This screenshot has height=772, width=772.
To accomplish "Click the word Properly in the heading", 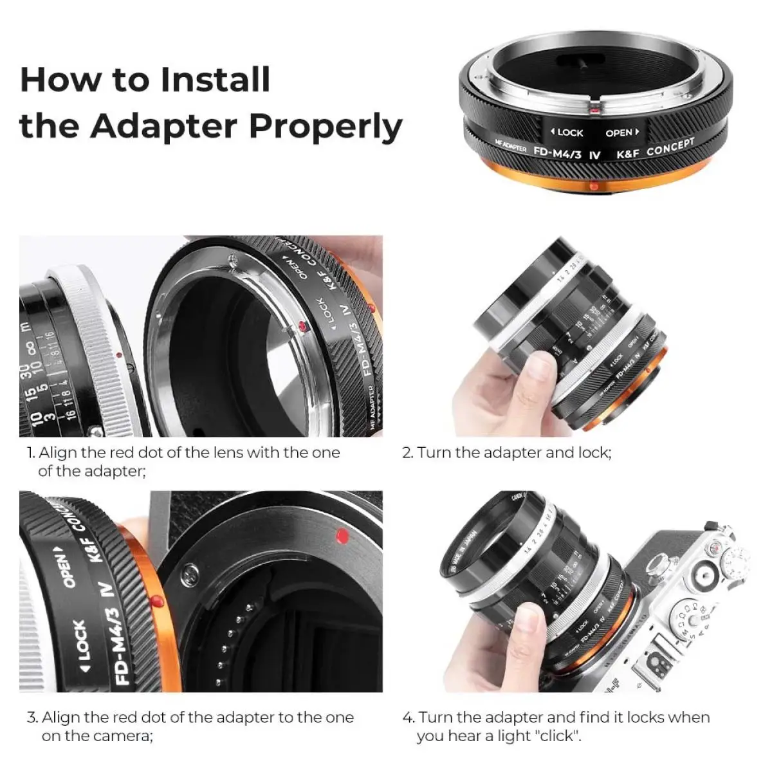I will [326, 126].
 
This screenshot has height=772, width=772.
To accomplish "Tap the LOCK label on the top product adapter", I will [567, 133].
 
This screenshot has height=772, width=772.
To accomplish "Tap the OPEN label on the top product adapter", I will [621, 133].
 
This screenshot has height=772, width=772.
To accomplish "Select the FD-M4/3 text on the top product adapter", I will [558, 152].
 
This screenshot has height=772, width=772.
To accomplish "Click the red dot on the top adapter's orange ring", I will [593, 186].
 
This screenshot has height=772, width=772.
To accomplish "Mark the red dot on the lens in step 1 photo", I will [119, 354].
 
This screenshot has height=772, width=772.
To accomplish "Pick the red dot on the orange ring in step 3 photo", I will [156, 602].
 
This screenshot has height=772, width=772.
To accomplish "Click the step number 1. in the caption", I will [31, 453].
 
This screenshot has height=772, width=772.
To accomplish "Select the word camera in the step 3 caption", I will [124, 736].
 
